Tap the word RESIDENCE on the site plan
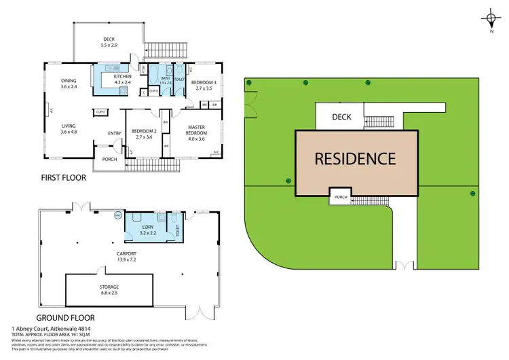[x=354, y=159]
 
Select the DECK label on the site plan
[x=341, y=117]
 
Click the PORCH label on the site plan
[x=341, y=198]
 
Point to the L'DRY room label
[x=148, y=229]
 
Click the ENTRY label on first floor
[x=114, y=133]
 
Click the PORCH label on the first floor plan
[x=109, y=160]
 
